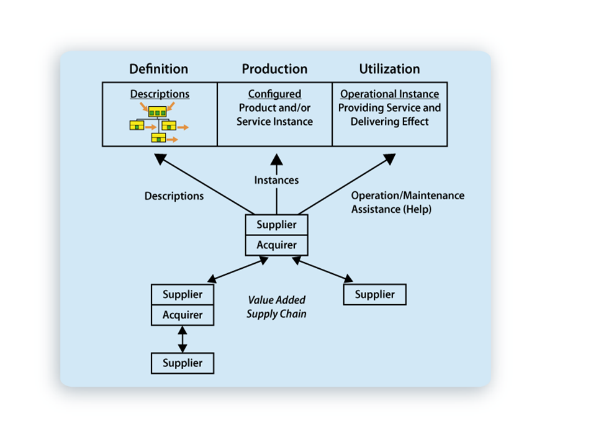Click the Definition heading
click(x=158, y=69)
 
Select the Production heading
click(x=274, y=69)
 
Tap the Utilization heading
click(x=389, y=69)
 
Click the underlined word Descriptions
click(x=160, y=94)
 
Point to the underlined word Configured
click(x=274, y=94)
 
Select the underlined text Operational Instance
click(x=389, y=94)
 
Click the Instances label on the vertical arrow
click(x=276, y=180)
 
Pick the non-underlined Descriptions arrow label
click(x=174, y=196)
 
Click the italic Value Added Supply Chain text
click(x=277, y=307)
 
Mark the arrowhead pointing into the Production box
click(x=276, y=160)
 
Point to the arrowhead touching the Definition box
click(x=161, y=159)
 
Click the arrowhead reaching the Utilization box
click(x=389, y=159)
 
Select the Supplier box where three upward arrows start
click(x=276, y=225)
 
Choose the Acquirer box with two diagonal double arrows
click(x=276, y=245)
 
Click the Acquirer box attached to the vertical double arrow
click(x=183, y=315)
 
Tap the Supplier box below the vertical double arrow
click(x=183, y=363)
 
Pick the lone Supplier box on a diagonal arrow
click(x=374, y=294)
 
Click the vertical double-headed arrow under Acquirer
click(x=183, y=339)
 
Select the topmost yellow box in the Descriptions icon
click(x=157, y=112)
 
